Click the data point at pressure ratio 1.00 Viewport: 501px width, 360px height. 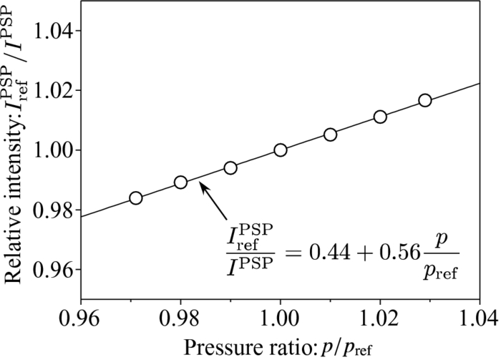(281, 150)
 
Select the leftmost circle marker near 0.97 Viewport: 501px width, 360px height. (136, 198)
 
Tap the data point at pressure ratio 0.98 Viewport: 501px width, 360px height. (180, 182)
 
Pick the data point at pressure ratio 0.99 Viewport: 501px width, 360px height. (230, 167)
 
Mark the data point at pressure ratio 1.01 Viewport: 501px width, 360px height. (330, 134)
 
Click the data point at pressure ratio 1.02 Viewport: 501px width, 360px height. (380, 117)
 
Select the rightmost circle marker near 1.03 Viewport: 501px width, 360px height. (425, 100)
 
